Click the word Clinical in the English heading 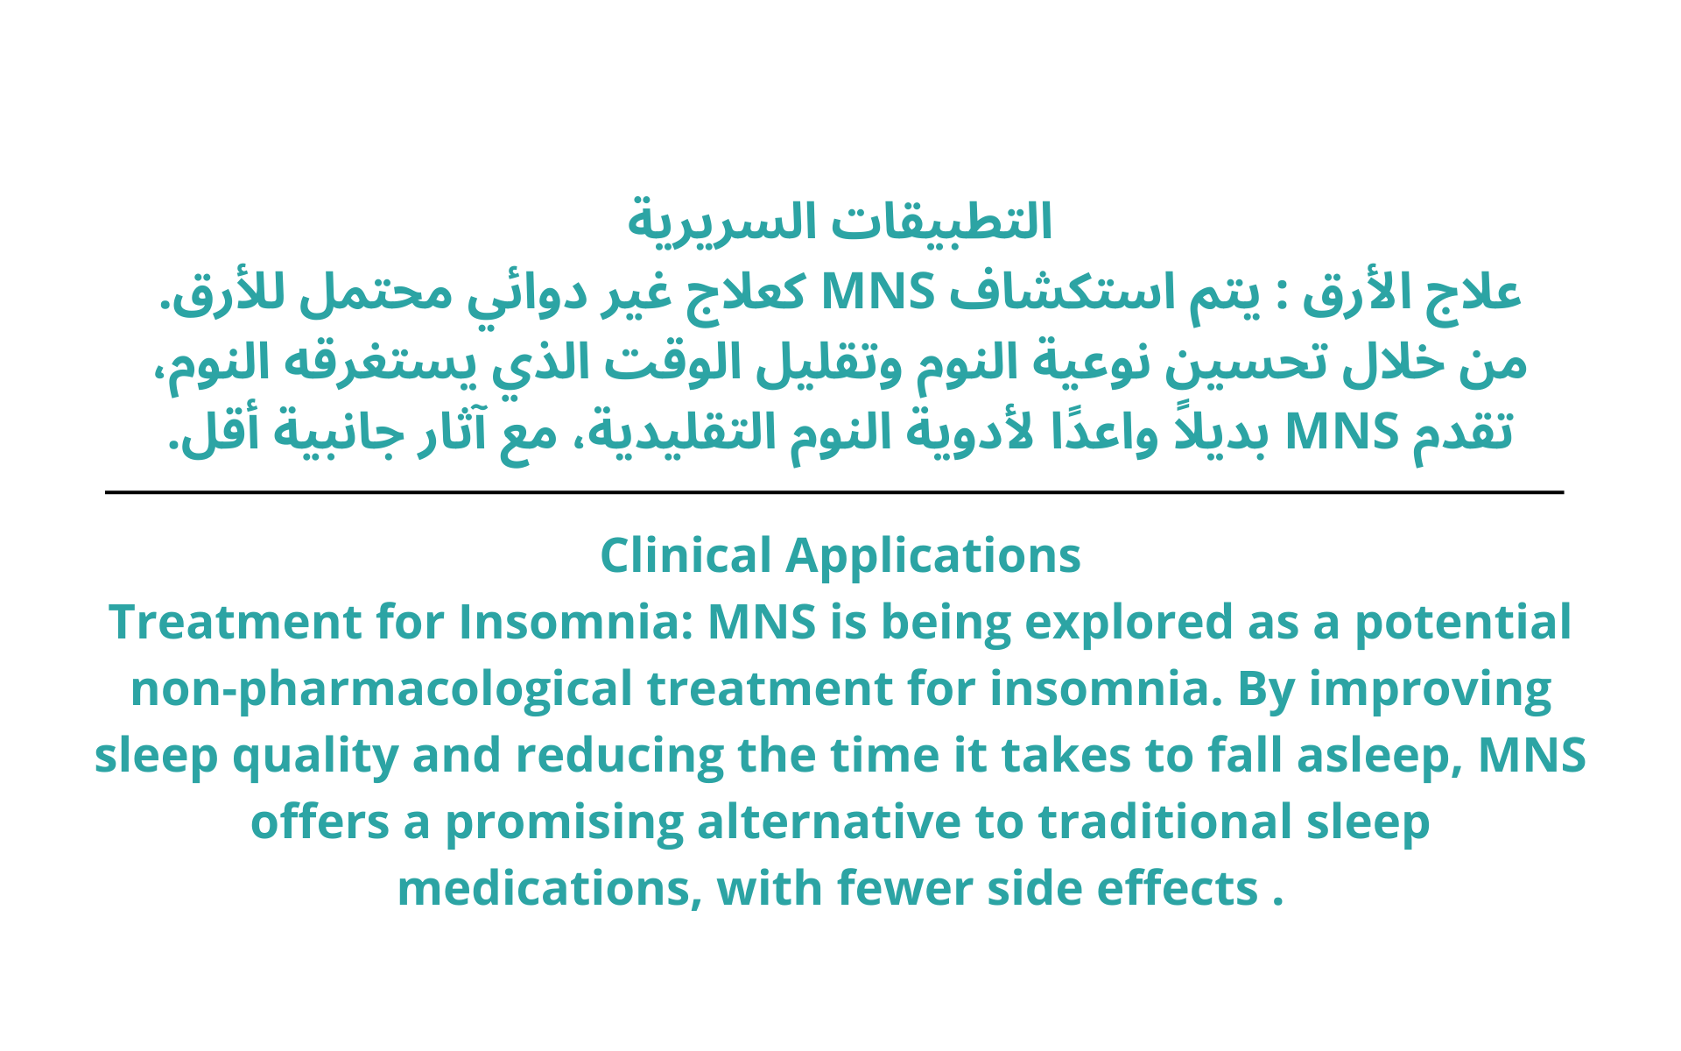click(x=686, y=555)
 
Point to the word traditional click(x=1165, y=822)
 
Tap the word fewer click(x=904, y=888)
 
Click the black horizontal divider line click(x=834, y=492)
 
